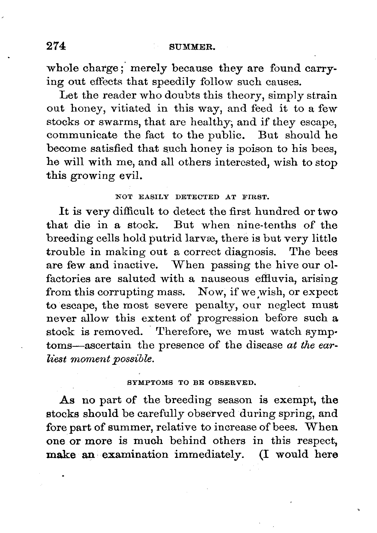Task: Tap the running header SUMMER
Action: [192, 48]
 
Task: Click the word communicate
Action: [82, 135]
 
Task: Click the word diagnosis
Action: [249, 252]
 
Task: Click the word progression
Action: [227, 319]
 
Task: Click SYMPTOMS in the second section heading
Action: [150, 383]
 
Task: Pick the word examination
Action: [135, 455]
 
